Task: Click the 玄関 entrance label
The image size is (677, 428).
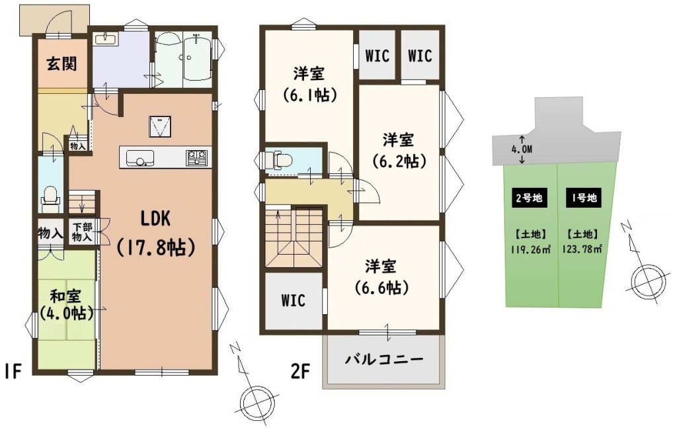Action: point(61,64)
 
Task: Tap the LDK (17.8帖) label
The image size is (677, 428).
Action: point(155,234)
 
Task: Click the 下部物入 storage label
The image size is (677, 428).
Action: point(81,232)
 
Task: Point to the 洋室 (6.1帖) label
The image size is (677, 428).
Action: point(309,84)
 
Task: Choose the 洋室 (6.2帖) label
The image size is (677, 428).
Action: point(399,150)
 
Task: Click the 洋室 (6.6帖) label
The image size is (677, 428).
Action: point(381,277)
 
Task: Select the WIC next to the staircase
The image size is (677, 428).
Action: point(293,300)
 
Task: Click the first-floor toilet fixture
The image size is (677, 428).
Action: point(50,197)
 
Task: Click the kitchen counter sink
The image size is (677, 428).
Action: point(140,157)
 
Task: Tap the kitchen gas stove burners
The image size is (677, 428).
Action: point(197,157)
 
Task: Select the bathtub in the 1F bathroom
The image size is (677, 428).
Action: point(197,58)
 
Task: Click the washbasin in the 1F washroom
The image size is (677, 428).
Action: point(105,39)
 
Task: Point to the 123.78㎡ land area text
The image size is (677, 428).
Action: point(582,249)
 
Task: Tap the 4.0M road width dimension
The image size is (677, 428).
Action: point(521,150)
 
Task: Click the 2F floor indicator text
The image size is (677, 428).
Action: point(301,371)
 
